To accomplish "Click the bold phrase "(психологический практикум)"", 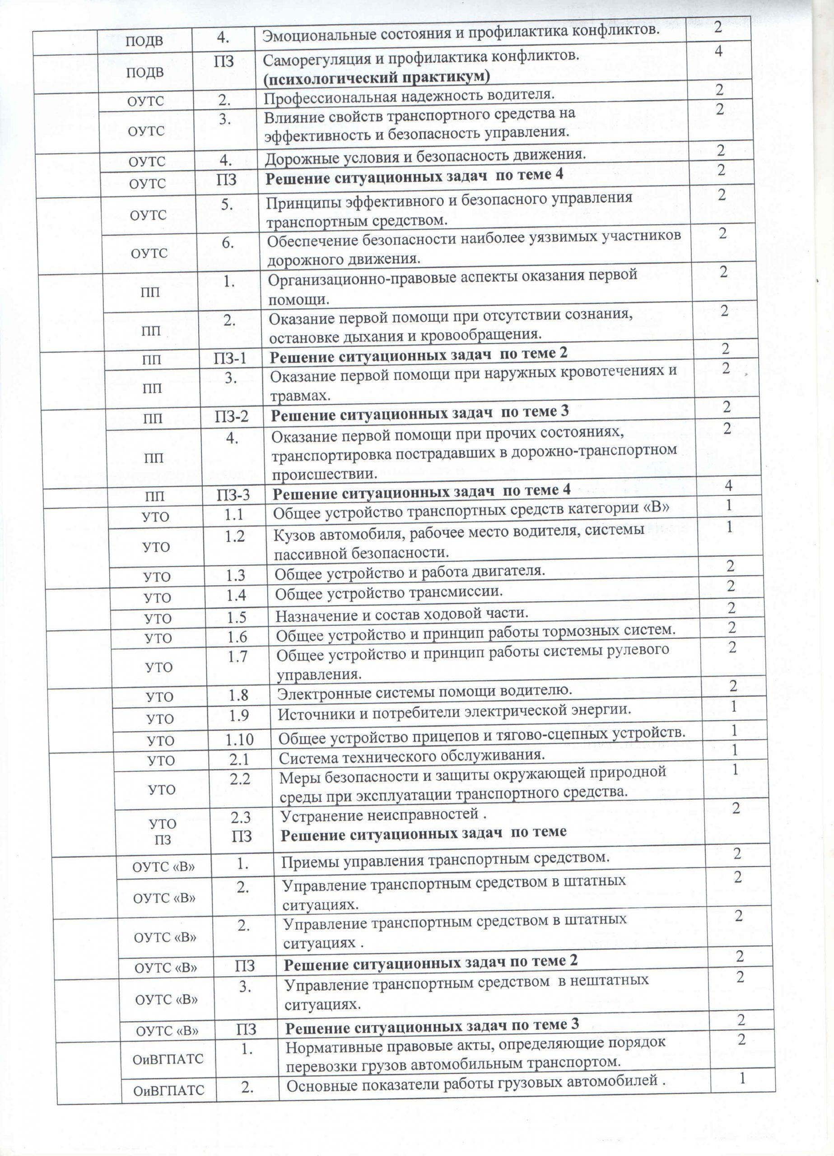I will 376,76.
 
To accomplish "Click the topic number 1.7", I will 237,657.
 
